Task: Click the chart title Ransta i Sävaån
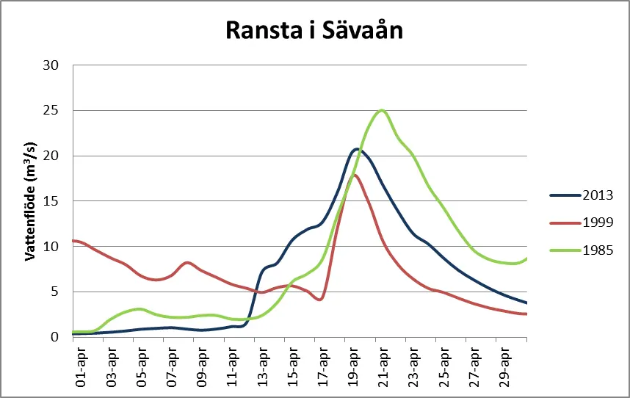tap(314, 30)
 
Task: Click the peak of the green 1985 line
tap(381, 110)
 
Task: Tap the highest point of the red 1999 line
tap(354, 175)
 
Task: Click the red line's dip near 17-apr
tap(320, 300)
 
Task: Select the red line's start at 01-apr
tap(74, 241)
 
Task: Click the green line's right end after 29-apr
tap(526, 258)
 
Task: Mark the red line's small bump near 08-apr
tap(187, 262)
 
